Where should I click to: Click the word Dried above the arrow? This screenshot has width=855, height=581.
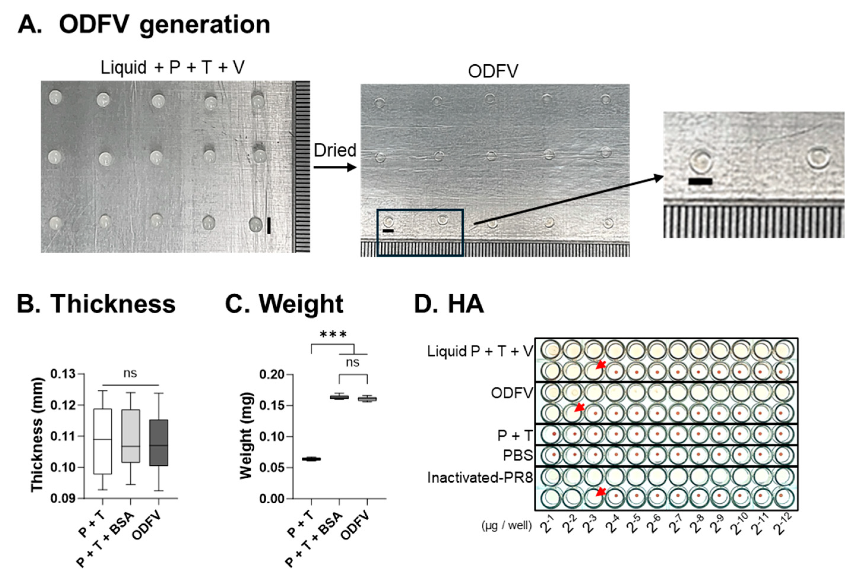(x=335, y=150)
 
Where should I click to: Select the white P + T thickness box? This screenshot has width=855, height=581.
(x=103, y=441)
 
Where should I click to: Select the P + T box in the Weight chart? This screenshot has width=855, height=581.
(x=311, y=459)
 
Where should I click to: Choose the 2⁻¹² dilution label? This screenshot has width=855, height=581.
(x=781, y=524)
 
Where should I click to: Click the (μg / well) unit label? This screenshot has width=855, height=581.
(x=507, y=526)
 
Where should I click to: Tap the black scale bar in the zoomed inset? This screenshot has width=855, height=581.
(x=700, y=181)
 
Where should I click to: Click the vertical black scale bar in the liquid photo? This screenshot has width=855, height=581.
(x=269, y=225)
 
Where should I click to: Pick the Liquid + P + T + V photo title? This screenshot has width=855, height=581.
(x=172, y=68)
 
